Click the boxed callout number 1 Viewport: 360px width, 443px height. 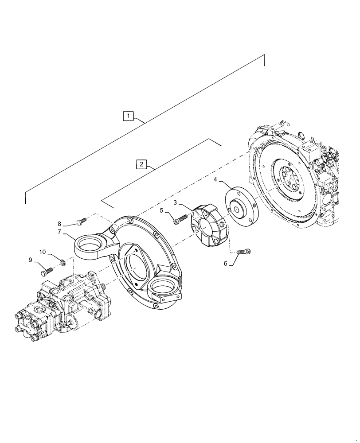coord(128,117)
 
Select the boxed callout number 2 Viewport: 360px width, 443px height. coord(141,164)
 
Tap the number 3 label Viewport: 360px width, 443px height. coord(176,202)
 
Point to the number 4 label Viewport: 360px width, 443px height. coord(215,180)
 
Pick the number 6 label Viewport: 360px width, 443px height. coord(225,263)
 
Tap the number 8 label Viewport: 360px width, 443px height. coord(59,224)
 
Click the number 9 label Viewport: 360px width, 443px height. coord(31,260)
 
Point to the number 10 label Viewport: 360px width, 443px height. coord(43,252)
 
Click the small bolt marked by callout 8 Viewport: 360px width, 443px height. coord(80,220)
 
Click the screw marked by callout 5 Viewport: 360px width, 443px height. coord(180,218)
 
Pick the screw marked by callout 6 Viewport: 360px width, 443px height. coord(243,252)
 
